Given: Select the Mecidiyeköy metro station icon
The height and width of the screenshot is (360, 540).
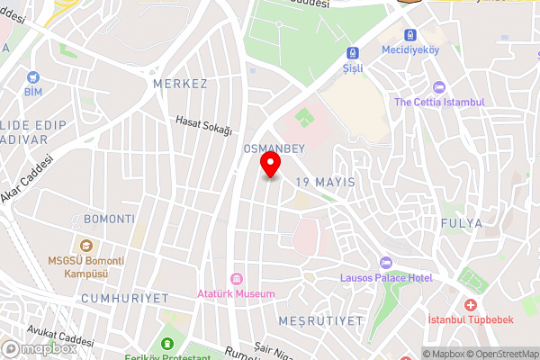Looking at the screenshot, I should tap(410, 34).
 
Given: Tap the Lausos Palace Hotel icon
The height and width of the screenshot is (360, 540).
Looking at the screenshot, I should tap(387, 262).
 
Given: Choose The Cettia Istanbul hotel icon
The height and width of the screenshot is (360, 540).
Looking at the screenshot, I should tap(438, 87).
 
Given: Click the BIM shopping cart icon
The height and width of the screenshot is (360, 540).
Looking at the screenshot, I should tap(33, 77).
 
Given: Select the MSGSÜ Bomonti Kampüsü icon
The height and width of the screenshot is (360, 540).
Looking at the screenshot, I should tap(85, 246).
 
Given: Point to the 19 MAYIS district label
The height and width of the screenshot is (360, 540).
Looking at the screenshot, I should tap(325, 182).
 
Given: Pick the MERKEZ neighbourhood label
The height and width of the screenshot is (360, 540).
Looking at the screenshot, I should tap(180, 84).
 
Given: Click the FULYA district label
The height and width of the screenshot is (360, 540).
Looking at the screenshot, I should tap(463, 222).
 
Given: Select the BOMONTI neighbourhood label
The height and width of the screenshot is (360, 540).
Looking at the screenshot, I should tap(109, 219).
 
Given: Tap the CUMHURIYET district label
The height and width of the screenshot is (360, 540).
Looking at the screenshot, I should tap(112, 297).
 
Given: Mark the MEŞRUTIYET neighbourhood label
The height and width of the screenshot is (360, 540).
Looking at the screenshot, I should tap(321, 320).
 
